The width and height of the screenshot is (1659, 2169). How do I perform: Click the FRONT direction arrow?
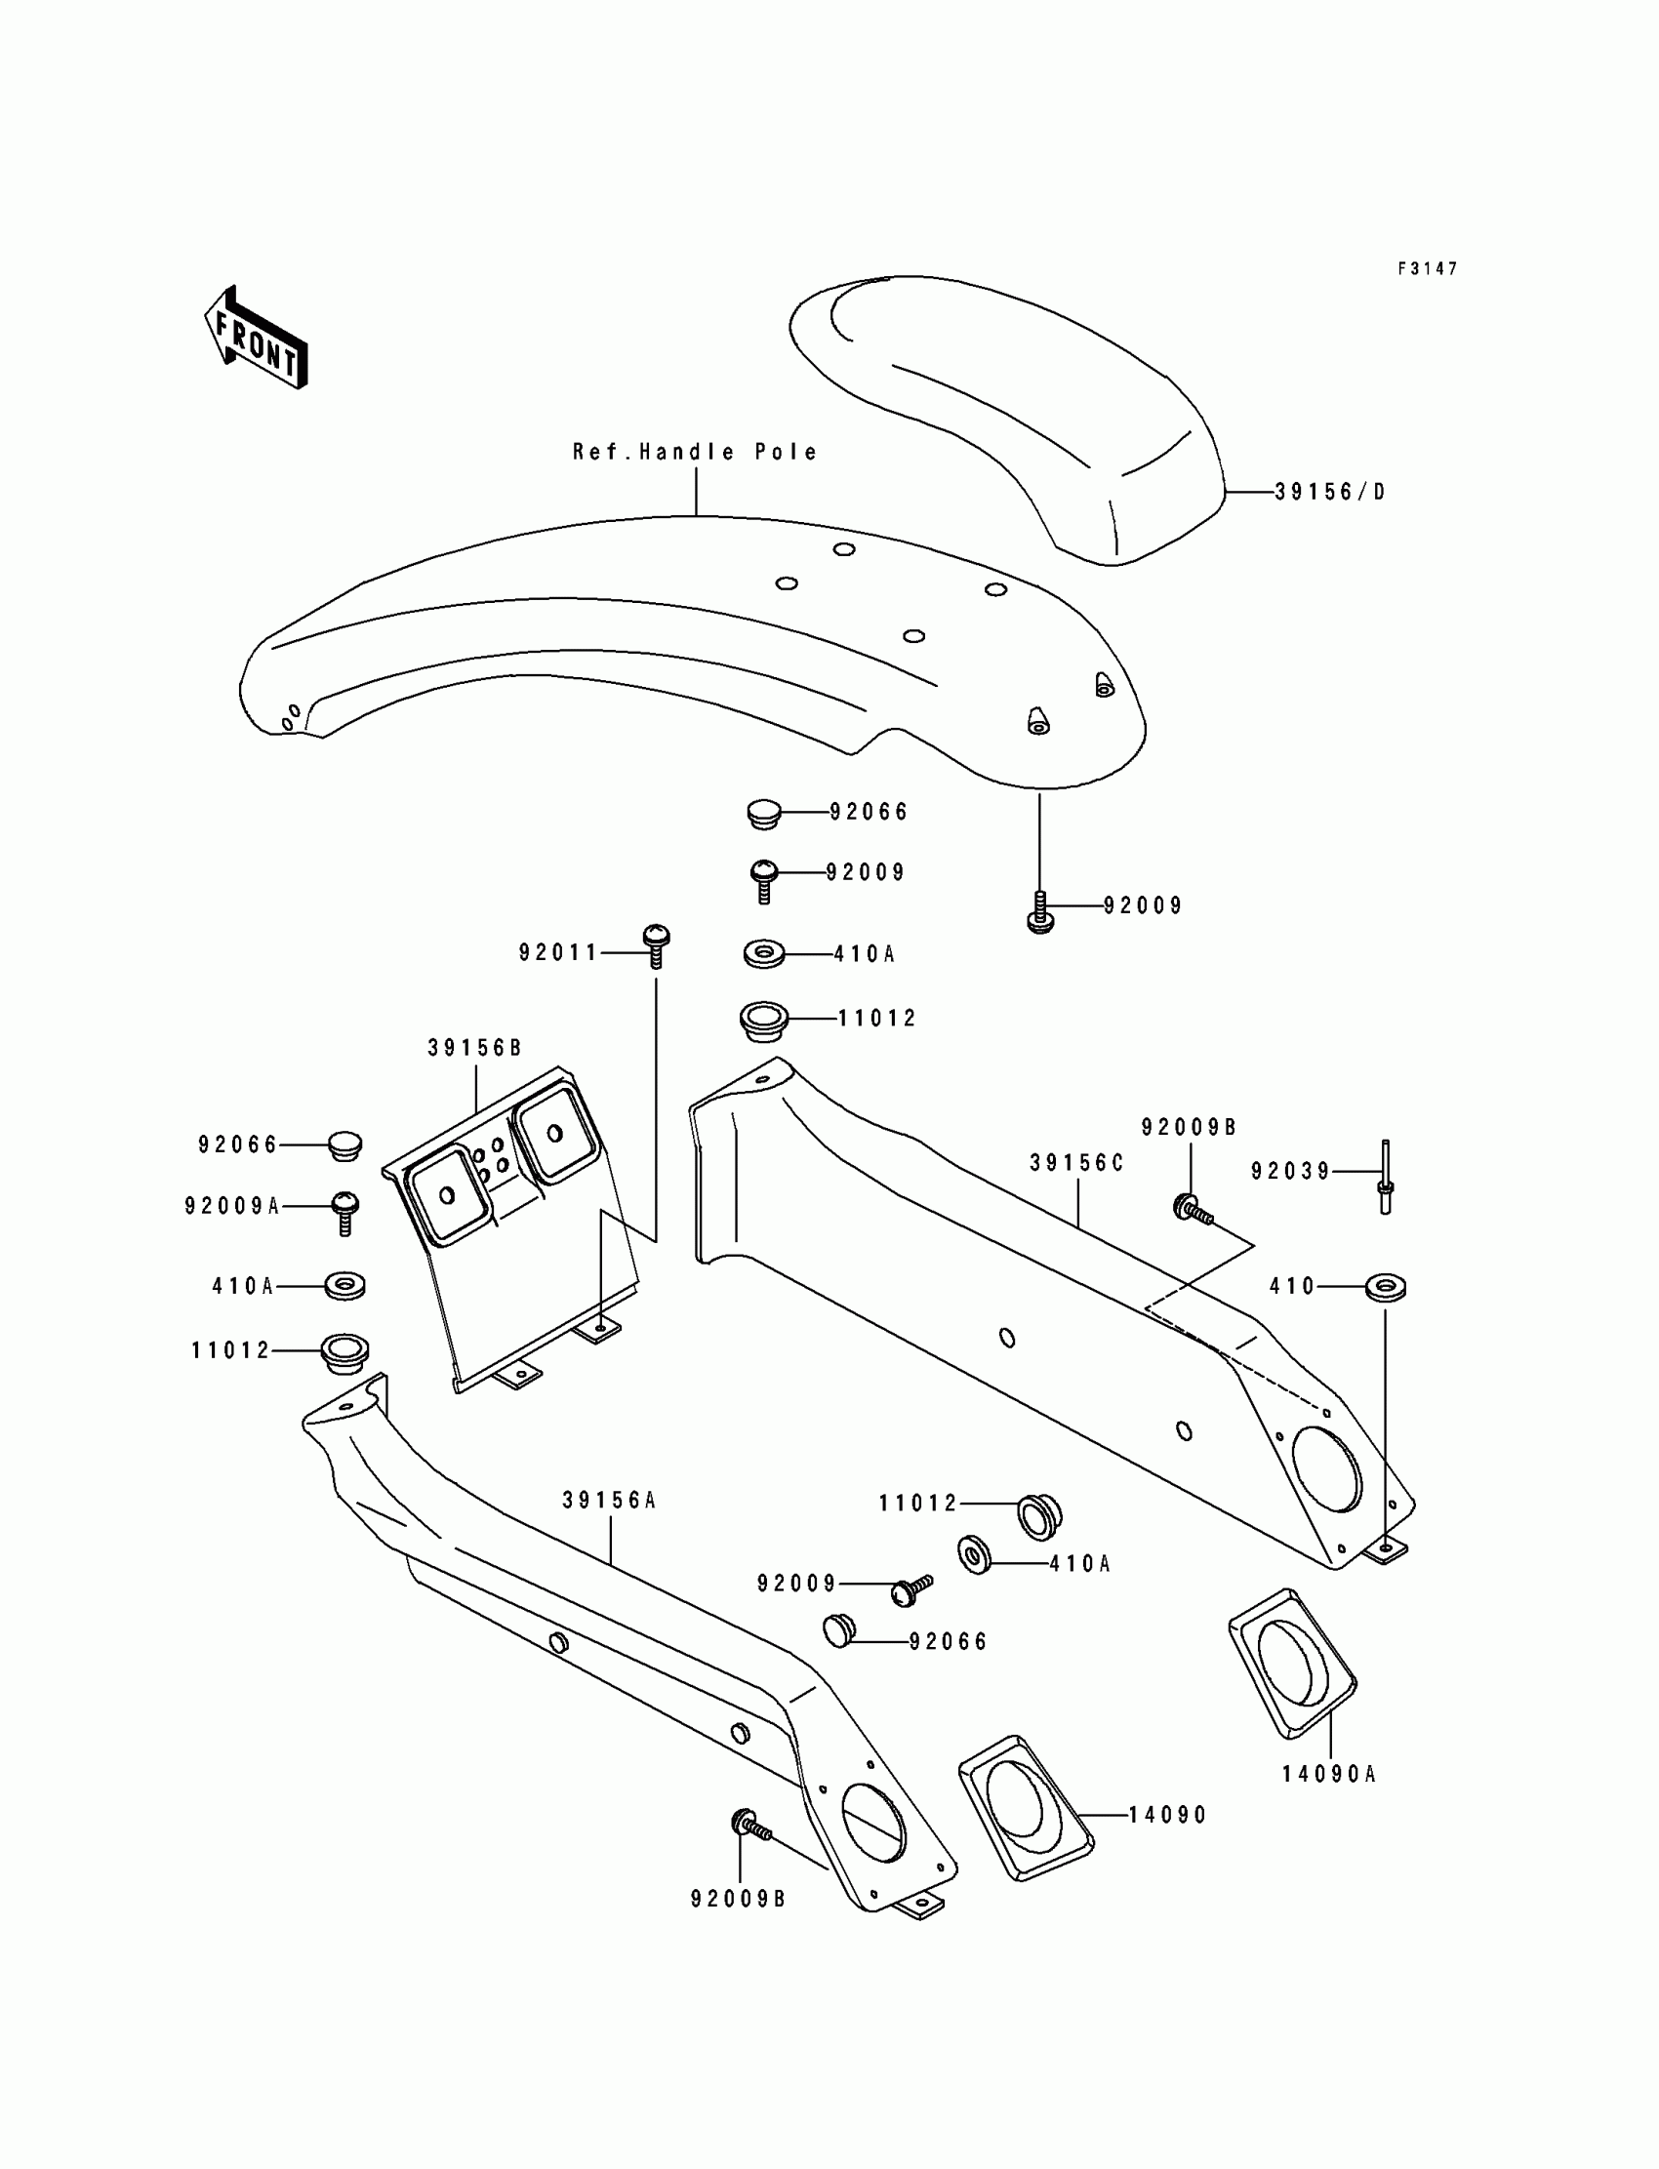[x=256, y=339]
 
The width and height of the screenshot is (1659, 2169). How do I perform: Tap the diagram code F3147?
[x=1427, y=268]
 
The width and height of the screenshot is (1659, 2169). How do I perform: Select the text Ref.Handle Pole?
[x=695, y=452]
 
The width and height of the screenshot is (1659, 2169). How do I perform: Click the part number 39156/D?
[x=1330, y=492]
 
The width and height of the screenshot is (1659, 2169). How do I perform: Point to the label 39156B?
[x=474, y=1049]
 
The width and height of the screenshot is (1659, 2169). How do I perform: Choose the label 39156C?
[x=1077, y=1164]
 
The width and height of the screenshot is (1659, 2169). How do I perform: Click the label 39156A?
[x=609, y=1501]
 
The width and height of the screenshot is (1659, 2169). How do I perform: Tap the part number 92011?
[x=559, y=952]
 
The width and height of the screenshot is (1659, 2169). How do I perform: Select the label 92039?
[x=1291, y=1171]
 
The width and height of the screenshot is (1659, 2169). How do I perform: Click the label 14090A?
[x=1329, y=1774]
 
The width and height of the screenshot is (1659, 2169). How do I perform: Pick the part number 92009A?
[x=232, y=1206]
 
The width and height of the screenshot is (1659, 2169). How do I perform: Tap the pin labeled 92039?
[x=1386, y=1176]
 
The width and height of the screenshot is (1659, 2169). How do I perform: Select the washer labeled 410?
[x=1387, y=1287]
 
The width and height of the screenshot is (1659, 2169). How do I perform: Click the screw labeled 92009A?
[x=344, y=1212]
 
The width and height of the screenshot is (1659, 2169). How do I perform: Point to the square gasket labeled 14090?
[x=1025, y=1807]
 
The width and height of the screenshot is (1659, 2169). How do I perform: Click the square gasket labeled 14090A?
[x=1292, y=1661]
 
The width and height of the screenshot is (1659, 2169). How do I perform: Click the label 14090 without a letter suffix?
[x=1168, y=1816]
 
